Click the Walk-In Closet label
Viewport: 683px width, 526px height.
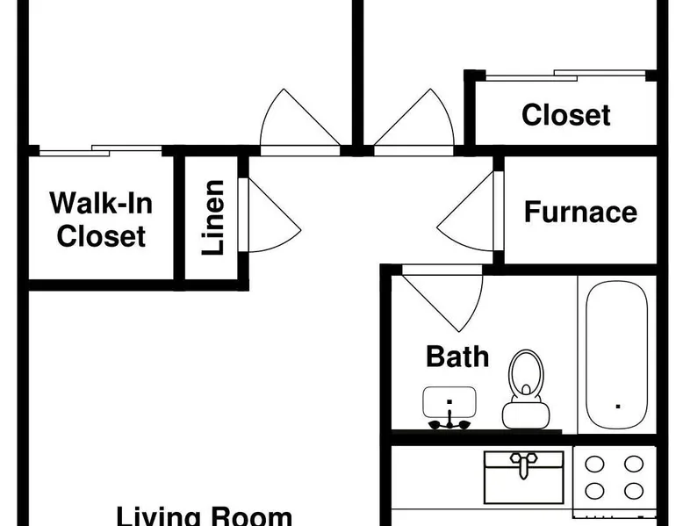pyautogui.click(x=101, y=220)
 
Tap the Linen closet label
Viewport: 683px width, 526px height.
pyautogui.click(x=213, y=217)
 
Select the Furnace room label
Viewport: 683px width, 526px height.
pyautogui.click(x=580, y=212)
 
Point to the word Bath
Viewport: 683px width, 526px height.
pyautogui.click(x=457, y=357)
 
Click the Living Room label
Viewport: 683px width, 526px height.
pyautogui.click(x=204, y=515)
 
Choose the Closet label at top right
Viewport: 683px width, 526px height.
pyautogui.click(x=565, y=115)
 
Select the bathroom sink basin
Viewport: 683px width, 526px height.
pyautogui.click(x=449, y=402)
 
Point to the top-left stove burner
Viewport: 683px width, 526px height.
pyautogui.click(x=594, y=464)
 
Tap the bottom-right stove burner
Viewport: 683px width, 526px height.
pyautogui.click(x=633, y=491)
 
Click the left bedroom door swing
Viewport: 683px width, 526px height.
pyautogui.click(x=298, y=123)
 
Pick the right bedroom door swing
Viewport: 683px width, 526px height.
pyautogui.click(x=414, y=123)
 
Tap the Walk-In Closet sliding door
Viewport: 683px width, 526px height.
pyautogui.click(x=100, y=150)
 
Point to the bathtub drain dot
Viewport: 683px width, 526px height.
pyautogui.click(x=619, y=406)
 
